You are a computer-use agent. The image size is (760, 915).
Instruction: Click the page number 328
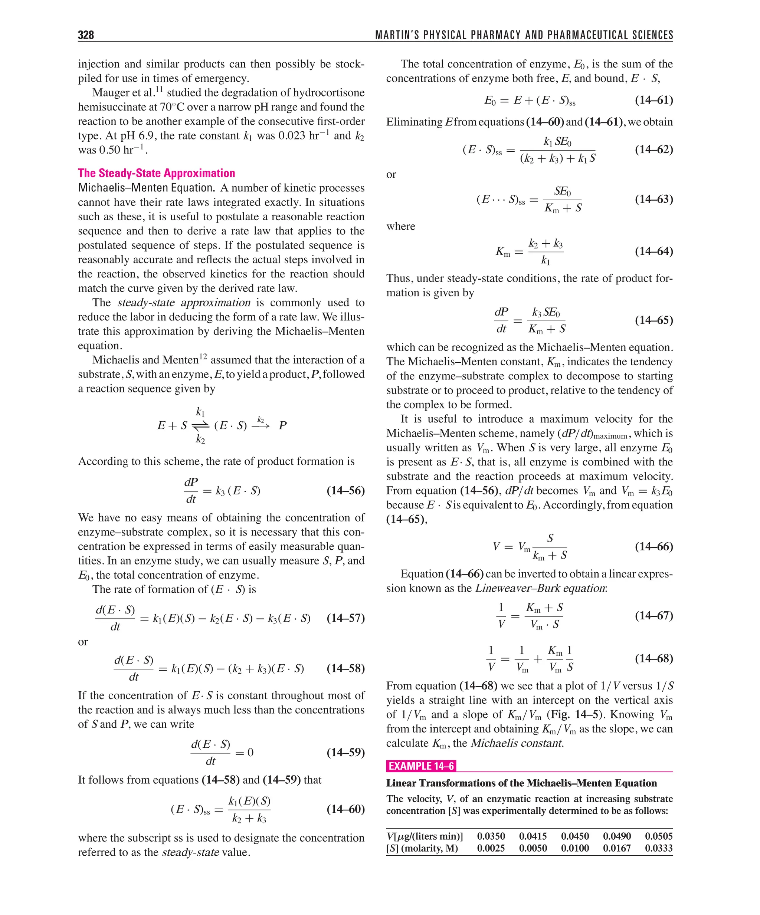pyautogui.click(x=86, y=35)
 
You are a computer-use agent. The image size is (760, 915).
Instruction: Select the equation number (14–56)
pyautogui.click(x=345, y=490)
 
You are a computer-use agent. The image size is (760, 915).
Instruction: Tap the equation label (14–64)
pyautogui.click(x=653, y=251)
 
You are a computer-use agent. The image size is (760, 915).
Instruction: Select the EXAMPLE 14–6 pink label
pyautogui.click(x=421, y=766)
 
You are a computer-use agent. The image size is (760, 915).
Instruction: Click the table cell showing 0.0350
pyautogui.click(x=491, y=836)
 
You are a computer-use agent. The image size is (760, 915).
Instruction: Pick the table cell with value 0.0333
pyautogui.click(x=658, y=848)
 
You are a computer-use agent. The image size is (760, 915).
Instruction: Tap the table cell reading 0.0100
pyautogui.click(x=575, y=848)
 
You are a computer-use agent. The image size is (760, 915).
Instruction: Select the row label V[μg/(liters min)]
pyautogui.click(x=424, y=836)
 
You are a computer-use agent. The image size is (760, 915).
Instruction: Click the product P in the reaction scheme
pyautogui.click(x=282, y=425)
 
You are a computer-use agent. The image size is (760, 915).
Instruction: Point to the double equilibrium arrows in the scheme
pyautogui.click(x=200, y=425)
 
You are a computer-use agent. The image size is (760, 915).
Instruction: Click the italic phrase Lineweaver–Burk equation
pyautogui.click(x=540, y=588)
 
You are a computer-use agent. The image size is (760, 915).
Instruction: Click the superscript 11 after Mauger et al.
pyautogui.click(x=159, y=89)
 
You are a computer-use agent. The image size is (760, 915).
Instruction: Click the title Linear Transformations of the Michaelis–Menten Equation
pyautogui.click(x=521, y=783)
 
